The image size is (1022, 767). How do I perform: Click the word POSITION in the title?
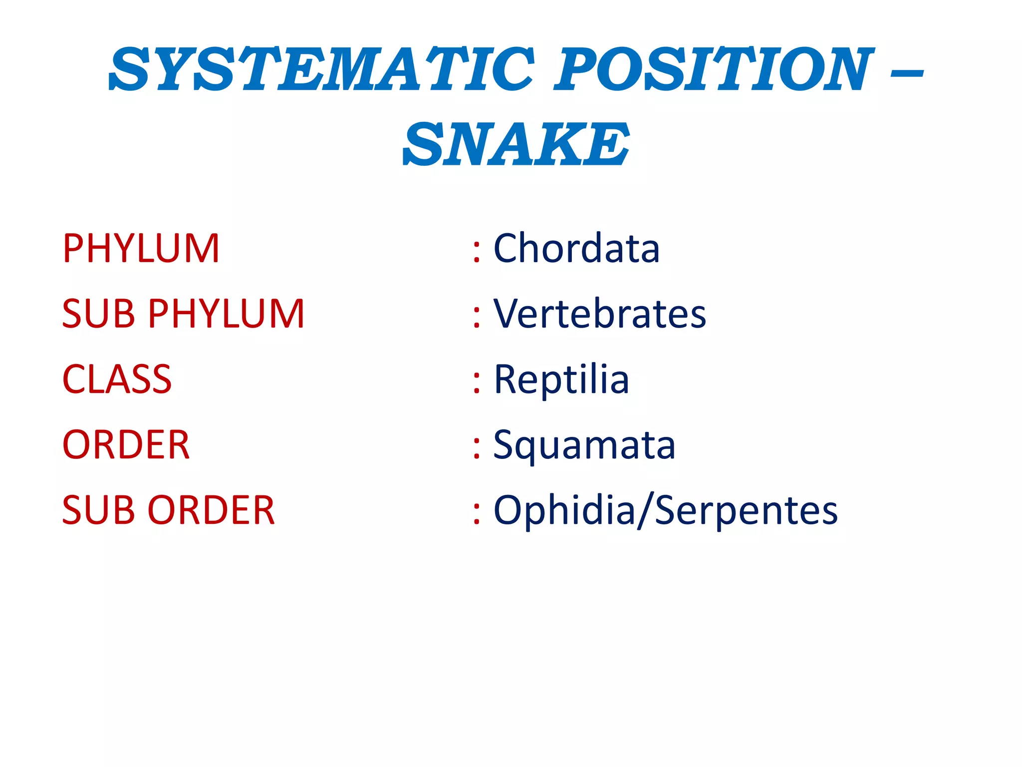point(714,70)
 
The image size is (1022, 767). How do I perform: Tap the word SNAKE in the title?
point(516,145)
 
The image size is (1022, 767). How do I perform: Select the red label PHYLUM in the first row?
point(141,249)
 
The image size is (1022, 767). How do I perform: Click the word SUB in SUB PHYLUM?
point(98,314)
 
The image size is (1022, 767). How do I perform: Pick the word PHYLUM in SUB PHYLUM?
point(226,314)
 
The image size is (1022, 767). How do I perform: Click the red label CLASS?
point(117,380)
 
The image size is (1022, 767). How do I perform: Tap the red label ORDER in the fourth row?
point(126,445)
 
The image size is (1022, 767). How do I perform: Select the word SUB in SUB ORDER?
point(98,510)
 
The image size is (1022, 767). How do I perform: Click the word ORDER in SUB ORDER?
point(212,510)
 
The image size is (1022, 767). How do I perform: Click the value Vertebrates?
point(600,314)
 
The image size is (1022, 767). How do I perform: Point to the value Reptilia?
point(561,380)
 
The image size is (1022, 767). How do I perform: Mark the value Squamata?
point(584,445)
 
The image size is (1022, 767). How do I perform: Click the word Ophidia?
point(564,510)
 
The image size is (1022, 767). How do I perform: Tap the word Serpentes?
point(746,510)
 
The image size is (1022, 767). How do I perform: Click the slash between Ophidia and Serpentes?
point(645,510)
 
